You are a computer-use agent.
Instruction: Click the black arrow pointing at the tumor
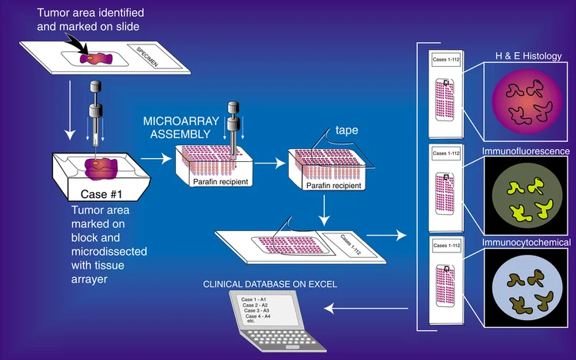click(77, 48)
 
